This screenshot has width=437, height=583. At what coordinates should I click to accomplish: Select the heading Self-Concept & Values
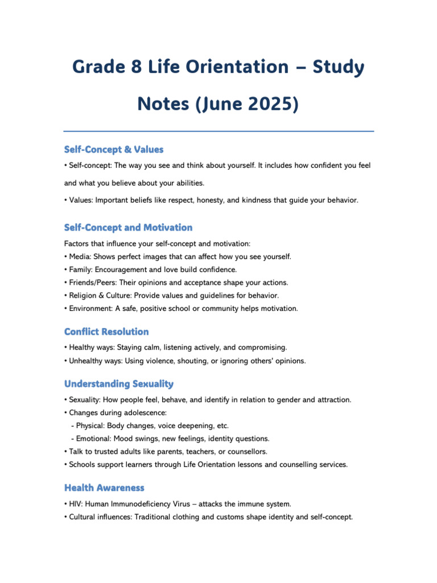[x=114, y=149]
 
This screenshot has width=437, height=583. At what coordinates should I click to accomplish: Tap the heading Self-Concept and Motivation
[x=128, y=227]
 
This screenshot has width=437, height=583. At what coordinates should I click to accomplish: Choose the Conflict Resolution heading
[x=106, y=331]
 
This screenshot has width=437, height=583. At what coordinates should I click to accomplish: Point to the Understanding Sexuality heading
[x=119, y=384]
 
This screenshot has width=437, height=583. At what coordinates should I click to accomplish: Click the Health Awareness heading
[x=104, y=487]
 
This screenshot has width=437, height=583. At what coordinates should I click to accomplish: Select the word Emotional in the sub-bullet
[x=93, y=438]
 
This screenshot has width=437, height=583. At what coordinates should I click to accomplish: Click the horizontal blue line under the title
[x=218, y=132]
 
